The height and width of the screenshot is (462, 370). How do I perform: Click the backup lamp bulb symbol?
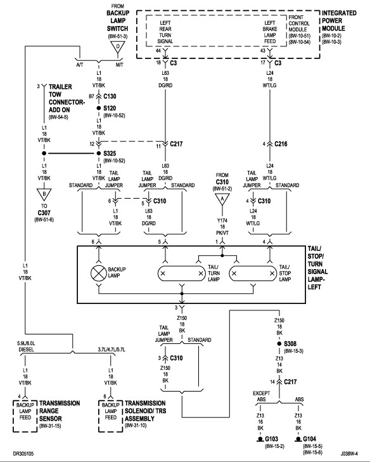(99, 273)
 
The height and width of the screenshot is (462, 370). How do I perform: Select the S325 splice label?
(110, 153)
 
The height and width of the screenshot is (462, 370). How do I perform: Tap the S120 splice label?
(110, 108)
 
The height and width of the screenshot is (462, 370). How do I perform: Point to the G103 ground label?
(271, 439)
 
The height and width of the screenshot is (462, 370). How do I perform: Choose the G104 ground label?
(309, 439)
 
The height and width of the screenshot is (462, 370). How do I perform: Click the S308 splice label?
(290, 343)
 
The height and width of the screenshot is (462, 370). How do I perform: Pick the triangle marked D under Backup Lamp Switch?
(118, 47)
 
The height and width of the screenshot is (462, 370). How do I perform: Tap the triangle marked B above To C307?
(44, 195)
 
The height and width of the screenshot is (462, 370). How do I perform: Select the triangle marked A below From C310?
(222, 200)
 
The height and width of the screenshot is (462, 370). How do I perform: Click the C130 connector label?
(110, 96)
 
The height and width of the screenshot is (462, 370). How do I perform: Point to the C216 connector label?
(281, 144)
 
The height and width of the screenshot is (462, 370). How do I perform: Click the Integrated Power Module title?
(339, 20)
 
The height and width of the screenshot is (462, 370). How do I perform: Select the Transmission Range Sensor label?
(60, 411)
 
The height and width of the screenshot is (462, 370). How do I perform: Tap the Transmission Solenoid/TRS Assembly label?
(145, 411)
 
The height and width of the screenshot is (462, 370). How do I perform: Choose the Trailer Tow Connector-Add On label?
(67, 98)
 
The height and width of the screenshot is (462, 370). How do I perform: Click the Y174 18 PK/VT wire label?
(222, 227)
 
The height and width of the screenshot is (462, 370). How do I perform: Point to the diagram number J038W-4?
(350, 453)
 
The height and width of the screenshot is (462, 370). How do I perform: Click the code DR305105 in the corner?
(23, 453)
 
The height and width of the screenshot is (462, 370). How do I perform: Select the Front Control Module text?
(299, 23)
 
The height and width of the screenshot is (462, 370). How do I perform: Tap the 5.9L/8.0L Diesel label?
(26, 346)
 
